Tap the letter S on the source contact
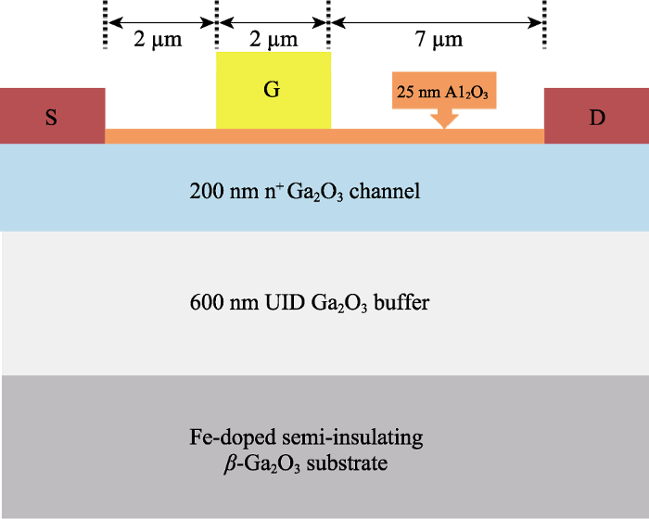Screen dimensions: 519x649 [x=52, y=118]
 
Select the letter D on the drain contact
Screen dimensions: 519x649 [x=597, y=118]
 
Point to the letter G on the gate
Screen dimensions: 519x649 [x=273, y=90]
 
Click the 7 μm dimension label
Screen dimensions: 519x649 [x=436, y=40]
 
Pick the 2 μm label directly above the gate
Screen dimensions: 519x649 [x=273, y=40]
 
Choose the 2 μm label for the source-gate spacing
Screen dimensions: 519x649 [x=160, y=40]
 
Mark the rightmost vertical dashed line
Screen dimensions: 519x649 [x=544, y=23]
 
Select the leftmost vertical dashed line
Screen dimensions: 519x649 [x=104, y=23]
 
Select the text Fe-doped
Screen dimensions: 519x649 [x=221, y=436]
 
